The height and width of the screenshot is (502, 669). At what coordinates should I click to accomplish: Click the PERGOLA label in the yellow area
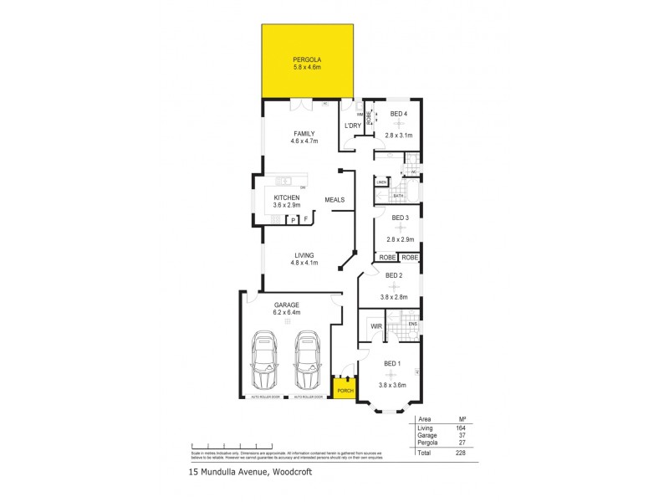[x=307, y=59]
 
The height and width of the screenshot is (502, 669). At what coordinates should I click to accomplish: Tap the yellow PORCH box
[x=344, y=390]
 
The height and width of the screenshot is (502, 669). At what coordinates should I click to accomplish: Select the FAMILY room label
[x=304, y=133]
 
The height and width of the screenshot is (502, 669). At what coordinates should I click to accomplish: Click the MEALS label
[x=335, y=199]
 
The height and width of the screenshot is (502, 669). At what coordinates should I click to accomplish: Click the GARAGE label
[x=286, y=305]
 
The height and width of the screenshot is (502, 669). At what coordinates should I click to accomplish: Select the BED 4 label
[x=399, y=114]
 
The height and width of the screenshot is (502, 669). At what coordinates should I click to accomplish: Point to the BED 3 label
[x=400, y=218]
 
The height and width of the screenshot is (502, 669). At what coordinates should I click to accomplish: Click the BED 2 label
[x=394, y=275]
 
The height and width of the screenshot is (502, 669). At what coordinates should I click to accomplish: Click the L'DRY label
[x=353, y=125]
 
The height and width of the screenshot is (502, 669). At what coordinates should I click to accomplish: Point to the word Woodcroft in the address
[x=298, y=474]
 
